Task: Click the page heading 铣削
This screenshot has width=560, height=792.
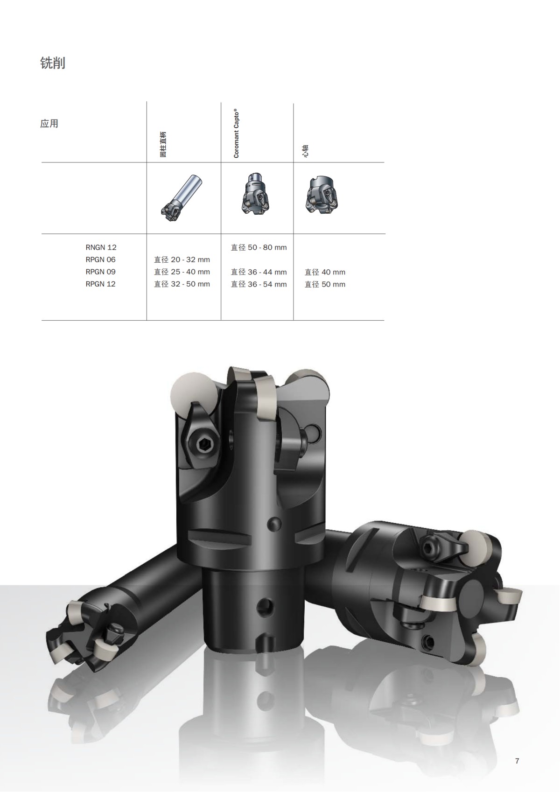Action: coord(53,63)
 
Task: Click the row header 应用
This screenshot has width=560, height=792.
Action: coord(49,124)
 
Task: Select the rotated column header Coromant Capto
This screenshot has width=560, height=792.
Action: coord(236,134)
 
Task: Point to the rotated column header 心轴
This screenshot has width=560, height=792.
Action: coord(305,151)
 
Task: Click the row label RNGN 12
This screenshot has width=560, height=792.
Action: coord(101,247)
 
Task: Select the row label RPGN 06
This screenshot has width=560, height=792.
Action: coord(100,259)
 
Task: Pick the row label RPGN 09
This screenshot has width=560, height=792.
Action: coord(100,272)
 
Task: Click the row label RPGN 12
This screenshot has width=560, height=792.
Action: coord(100,284)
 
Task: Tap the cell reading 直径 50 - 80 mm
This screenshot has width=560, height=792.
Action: coord(259,247)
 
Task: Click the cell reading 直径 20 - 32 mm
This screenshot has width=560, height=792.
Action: coord(182,259)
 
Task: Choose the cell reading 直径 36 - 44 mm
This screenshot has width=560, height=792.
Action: coord(259,272)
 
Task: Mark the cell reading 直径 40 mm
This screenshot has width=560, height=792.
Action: coord(325,272)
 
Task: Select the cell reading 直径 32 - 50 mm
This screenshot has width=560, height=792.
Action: coord(182,284)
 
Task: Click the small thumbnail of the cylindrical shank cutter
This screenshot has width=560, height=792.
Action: coord(182,198)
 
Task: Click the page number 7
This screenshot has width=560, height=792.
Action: coord(517,761)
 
